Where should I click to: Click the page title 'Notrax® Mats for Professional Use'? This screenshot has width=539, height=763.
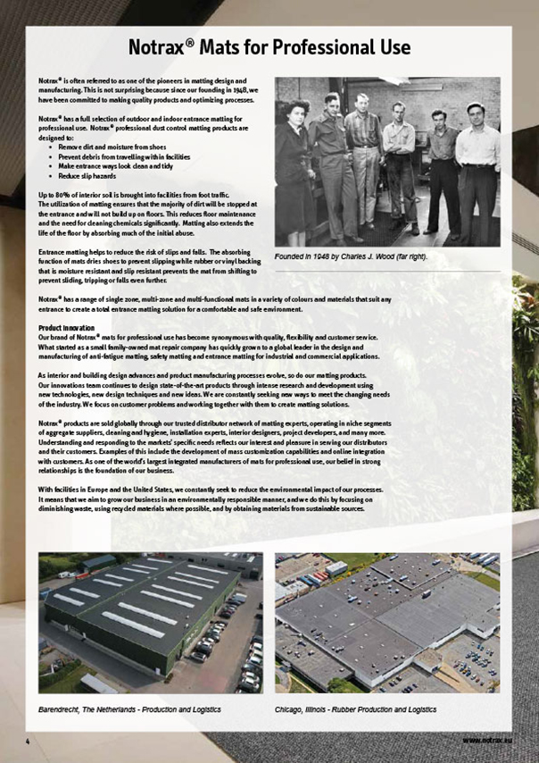coord(269,46)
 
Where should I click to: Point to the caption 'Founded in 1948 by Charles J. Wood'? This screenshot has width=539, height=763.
coord(352,257)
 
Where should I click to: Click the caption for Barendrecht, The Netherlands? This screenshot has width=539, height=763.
coord(129,708)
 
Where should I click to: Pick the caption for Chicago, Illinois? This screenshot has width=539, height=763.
coord(356,708)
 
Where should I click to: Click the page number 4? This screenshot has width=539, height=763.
coord(28,742)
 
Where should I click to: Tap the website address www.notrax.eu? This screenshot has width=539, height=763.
coord(485,742)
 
